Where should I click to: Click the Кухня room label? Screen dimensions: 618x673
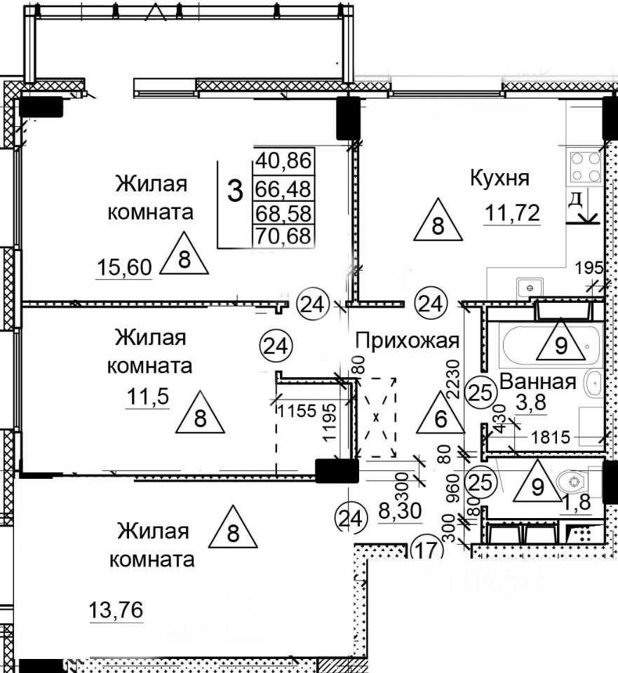click(499, 177)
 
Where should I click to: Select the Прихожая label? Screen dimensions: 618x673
click(407, 341)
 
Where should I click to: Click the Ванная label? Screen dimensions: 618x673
click(538, 383)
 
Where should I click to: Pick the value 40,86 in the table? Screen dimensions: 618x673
click(283, 160)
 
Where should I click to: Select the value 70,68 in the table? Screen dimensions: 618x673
click(283, 236)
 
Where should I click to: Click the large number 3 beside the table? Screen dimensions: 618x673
click(236, 191)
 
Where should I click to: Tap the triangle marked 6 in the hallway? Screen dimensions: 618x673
click(440, 418)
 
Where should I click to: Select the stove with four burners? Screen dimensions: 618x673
click(585, 167)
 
